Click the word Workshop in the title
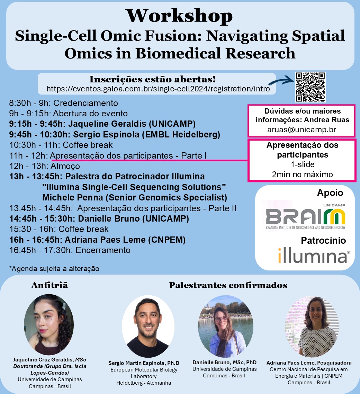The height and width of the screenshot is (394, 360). tap(179, 16)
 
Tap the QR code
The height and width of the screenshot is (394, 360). tap(310, 87)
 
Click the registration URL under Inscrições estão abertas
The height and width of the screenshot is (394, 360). tap(158, 89)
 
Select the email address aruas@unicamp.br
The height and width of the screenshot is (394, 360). tap(301, 129)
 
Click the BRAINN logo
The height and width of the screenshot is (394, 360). tap(306, 217)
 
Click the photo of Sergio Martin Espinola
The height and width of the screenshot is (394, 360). tap(148, 326)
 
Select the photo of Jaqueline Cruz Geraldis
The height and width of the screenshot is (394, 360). tap(49, 325)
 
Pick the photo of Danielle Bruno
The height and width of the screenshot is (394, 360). tap(226, 326)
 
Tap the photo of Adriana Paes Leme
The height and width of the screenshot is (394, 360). tap(312, 326)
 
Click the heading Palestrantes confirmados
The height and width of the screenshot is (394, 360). tap(228, 285)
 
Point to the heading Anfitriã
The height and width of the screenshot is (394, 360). tap(49, 285)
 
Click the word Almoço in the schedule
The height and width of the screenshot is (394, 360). tap(65, 166)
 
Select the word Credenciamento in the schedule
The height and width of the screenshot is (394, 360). tap(85, 103)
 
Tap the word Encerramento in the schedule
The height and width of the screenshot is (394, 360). tap(103, 250)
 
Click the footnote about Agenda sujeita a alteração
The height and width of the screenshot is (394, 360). tap(54, 269)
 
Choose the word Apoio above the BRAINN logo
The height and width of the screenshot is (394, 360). tap(330, 193)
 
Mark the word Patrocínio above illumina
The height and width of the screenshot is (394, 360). tap(323, 241)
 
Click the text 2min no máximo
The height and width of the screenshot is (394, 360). tap(302, 174)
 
